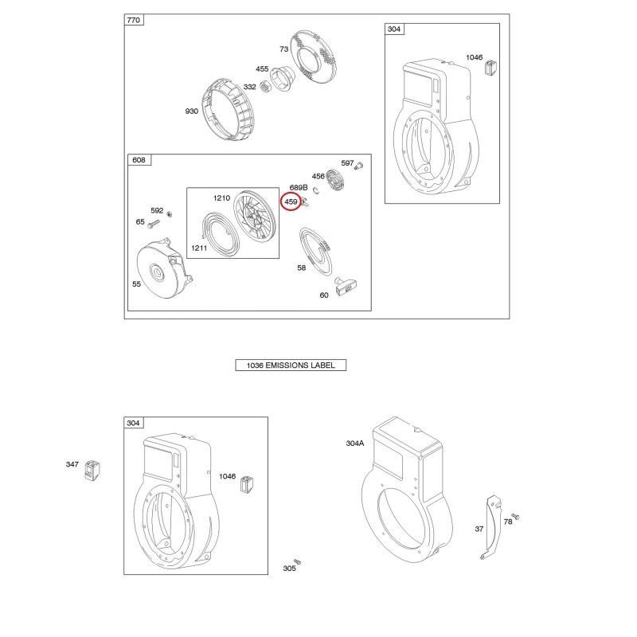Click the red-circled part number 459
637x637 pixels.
pos(291,201)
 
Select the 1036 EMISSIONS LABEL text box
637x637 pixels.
pos(291,365)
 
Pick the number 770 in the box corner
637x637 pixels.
pos(134,20)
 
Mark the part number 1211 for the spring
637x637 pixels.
pos(199,248)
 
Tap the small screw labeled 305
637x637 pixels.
pos(297,561)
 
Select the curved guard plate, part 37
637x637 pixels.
pos(492,527)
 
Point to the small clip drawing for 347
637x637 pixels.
pos(92,471)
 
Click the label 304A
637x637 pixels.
pos(355,444)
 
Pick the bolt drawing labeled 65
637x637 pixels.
pos(154,223)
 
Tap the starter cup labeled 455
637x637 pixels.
pos(283,79)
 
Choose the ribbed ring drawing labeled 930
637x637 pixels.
pos(228,110)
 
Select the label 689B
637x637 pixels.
pos(299,187)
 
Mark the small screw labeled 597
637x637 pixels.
pos(359,166)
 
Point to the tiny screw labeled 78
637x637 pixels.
pos(515,516)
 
